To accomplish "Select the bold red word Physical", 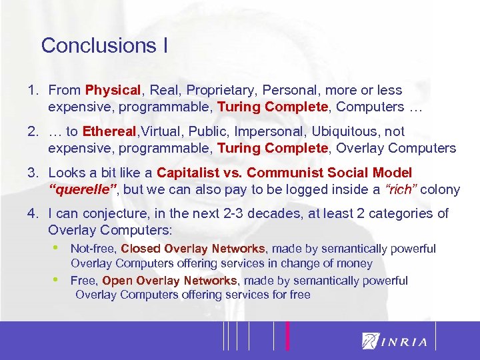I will click(x=113, y=90).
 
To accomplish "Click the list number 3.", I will click(x=32, y=173).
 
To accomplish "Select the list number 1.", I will click(x=32, y=90).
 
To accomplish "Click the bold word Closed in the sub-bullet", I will click(x=141, y=249).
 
